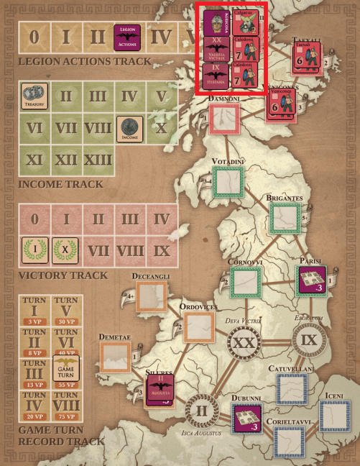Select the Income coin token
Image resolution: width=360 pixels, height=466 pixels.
(x=128, y=129)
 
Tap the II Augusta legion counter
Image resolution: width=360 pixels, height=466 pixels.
(x=160, y=388)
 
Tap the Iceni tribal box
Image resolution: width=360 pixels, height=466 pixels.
(x=335, y=415)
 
